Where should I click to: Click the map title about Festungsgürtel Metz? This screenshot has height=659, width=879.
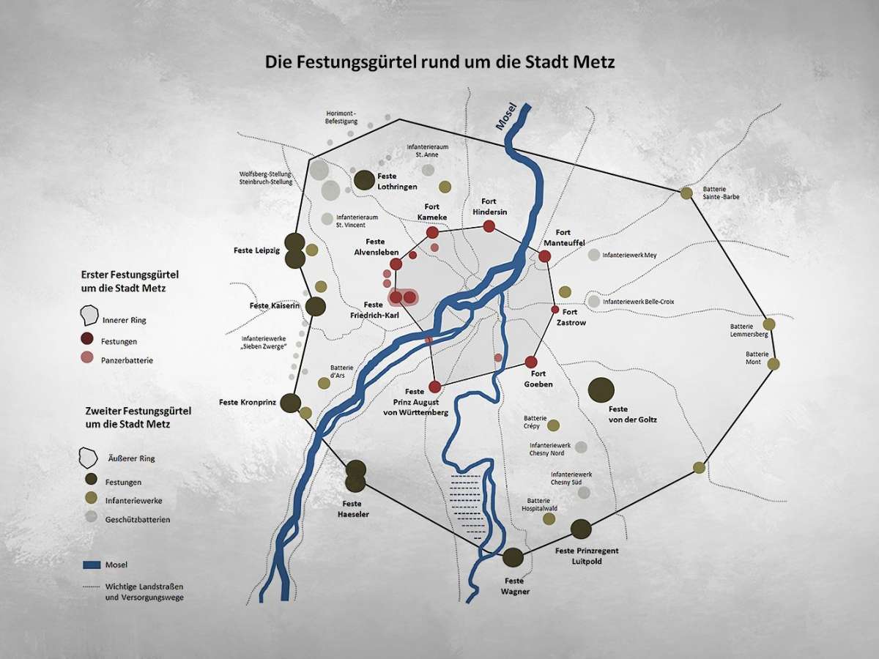pos(439,62)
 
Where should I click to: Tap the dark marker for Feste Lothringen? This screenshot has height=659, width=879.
pos(364,179)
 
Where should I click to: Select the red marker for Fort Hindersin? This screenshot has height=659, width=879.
pos(489,226)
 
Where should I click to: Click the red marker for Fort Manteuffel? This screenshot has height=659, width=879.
pos(544,256)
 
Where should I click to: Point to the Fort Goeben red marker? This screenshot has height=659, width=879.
pos(531,362)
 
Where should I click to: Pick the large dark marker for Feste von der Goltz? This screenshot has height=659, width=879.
pos(601,390)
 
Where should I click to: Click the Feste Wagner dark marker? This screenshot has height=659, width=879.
pos(513,557)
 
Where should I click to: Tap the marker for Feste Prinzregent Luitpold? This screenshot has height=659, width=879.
pos(581,529)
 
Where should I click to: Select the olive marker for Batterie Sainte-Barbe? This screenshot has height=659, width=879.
pos(686,193)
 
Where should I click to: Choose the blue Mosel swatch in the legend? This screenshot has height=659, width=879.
pos(91,565)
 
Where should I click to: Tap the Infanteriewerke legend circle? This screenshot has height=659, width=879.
pos(91,499)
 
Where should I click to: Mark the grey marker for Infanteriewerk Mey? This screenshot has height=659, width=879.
pos(594,255)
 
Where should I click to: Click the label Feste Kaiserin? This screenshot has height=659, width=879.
pos(275,305)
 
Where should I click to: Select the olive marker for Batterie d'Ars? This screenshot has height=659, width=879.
pos(324,383)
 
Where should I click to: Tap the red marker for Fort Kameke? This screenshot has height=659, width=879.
pos(432,232)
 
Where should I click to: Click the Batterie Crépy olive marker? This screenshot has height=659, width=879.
pos(554,425)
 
